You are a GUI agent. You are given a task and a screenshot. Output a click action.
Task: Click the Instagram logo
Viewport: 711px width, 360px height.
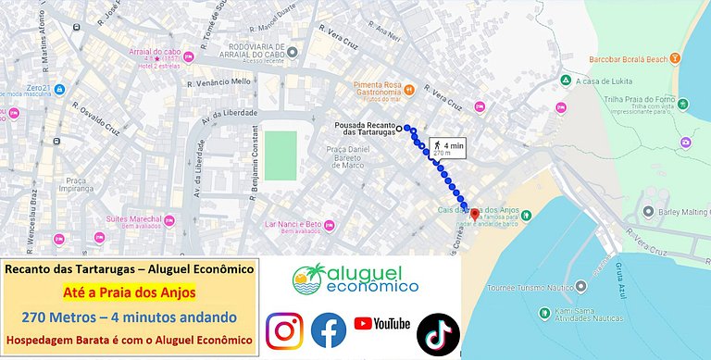point(284,330)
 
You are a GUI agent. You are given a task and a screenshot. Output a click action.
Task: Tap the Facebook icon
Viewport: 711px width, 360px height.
point(328,330)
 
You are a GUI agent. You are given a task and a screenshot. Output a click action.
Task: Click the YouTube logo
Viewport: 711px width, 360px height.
point(381,324)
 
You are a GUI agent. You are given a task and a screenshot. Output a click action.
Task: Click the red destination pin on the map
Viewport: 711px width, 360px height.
point(475,213)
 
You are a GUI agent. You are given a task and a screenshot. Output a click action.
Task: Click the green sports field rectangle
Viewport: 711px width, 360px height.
point(281,155)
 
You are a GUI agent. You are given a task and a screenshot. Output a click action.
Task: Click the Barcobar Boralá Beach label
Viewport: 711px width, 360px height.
point(627,58)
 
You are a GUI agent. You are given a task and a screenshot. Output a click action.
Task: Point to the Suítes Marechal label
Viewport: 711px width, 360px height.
point(134,219)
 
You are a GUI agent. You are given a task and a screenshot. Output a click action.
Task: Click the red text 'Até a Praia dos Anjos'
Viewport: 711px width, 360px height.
point(129,293)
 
